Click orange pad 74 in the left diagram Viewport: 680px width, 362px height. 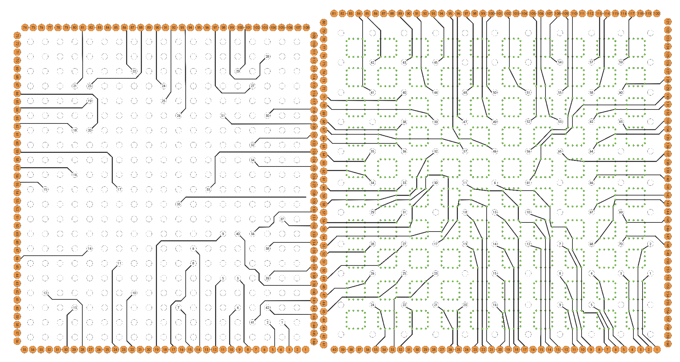click(25, 27)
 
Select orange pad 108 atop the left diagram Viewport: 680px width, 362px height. click(306, 27)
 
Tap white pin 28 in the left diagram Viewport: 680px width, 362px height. click(267, 56)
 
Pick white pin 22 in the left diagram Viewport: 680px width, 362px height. click(134, 71)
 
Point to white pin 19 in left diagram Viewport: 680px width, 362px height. click(90, 101)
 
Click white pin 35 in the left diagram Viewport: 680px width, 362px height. click(179, 204)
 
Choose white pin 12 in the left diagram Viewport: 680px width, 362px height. click(46, 293)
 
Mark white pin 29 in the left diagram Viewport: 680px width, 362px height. click(238, 71)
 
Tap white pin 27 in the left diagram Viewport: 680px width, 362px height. click(253, 86)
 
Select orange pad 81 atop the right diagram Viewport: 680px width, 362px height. click(334, 13)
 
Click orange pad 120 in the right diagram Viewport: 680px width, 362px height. click(657, 13)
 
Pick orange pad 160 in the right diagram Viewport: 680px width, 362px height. click(668, 345)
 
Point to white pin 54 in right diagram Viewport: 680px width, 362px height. click(560, 62)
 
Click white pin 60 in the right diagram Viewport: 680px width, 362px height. click(621, 93)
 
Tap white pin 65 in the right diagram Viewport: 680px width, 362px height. click(560, 151)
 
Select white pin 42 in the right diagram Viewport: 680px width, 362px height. click(372, 62)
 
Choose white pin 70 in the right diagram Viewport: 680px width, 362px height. click(621, 244)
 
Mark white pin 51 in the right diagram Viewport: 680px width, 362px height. click(528, 93)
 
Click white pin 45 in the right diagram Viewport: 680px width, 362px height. click(435, 62)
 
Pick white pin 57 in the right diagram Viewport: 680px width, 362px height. click(591, 62)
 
